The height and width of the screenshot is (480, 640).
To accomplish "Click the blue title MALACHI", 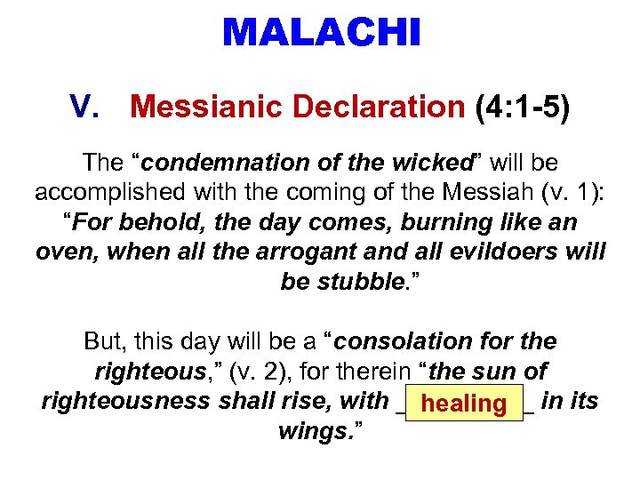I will (x=321, y=34).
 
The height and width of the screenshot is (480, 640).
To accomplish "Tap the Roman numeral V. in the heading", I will (x=91, y=108).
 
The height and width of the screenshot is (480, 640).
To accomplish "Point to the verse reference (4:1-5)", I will (x=523, y=108).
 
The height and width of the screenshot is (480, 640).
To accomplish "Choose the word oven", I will (x=68, y=252).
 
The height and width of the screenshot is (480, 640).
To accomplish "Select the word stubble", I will (x=361, y=282).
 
